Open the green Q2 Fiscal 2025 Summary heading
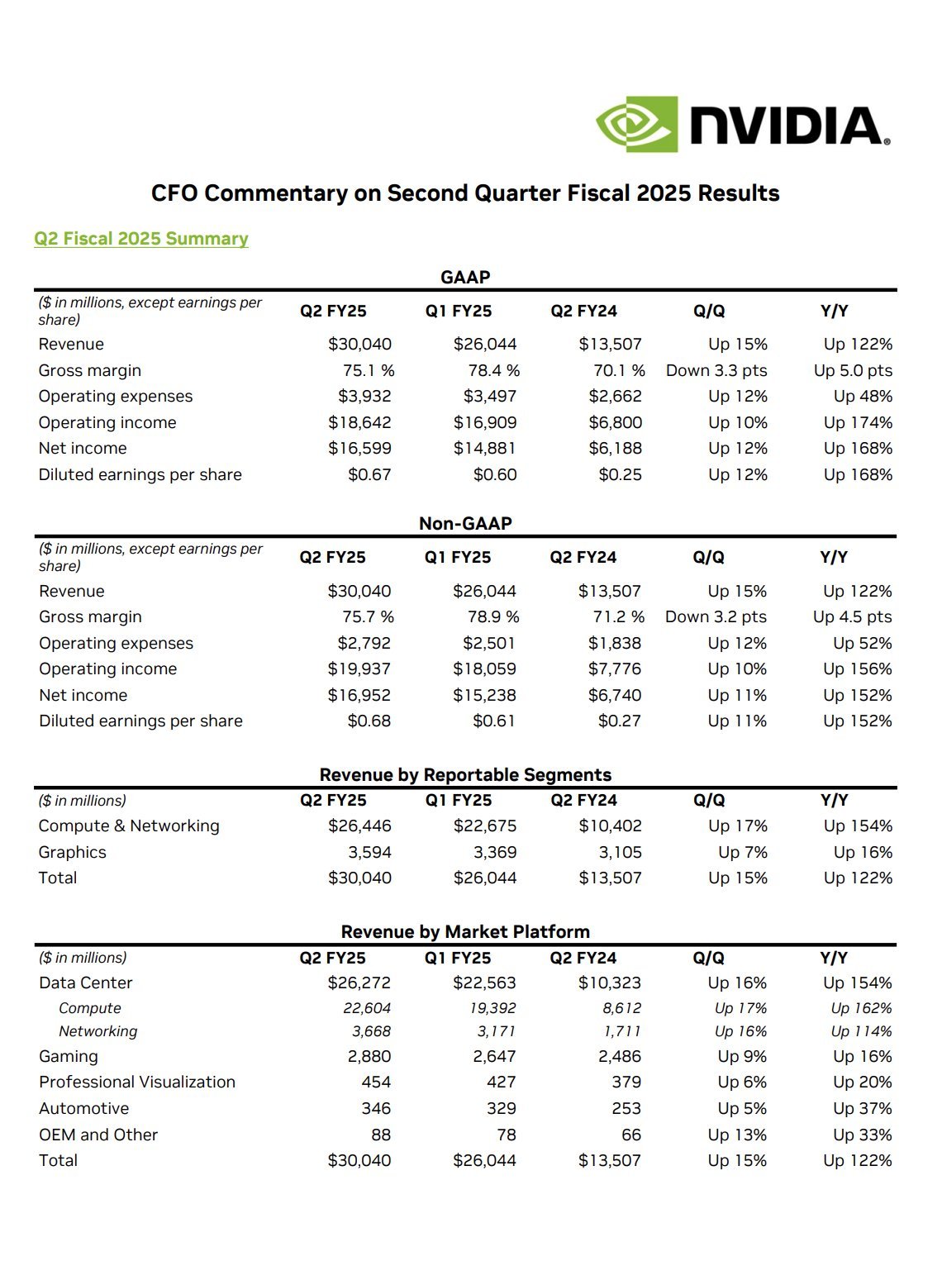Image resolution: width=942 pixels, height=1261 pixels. [x=141, y=239]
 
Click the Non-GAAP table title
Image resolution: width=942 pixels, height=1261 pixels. [x=465, y=523]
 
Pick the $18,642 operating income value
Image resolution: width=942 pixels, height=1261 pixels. [x=359, y=422]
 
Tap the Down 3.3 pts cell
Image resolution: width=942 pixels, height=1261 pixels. [x=716, y=370]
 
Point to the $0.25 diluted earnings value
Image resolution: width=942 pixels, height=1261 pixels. [x=620, y=474]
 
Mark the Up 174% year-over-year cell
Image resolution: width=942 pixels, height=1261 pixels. [x=858, y=422]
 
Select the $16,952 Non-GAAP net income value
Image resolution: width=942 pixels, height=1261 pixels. [x=359, y=695]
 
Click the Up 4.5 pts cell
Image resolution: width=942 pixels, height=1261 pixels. [x=853, y=616]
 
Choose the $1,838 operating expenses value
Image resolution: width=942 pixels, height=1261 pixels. [x=614, y=643]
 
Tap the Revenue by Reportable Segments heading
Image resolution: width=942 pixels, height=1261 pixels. [x=465, y=774]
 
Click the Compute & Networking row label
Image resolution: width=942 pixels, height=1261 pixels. [x=129, y=826]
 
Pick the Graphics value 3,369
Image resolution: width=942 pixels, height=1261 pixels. [x=495, y=852]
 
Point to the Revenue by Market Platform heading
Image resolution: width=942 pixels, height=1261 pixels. [x=465, y=931]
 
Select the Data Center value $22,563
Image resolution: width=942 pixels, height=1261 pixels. [x=484, y=983]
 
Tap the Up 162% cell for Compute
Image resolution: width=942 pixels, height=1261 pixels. [x=861, y=1008]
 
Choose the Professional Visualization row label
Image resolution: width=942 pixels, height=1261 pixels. [x=137, y=1082]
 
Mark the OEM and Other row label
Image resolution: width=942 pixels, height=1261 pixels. [x=98, y=1135]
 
